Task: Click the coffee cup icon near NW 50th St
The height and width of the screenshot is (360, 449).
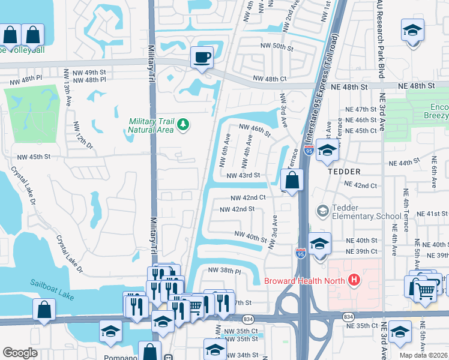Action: tap(202, 58)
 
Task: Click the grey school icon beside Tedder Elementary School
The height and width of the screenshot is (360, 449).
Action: tap(323, 211)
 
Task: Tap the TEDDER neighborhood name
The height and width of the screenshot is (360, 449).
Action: tap(344, 171)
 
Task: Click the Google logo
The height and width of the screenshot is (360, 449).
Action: tap(20, 352)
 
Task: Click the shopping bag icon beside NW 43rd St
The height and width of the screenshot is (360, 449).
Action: tap(292, 180)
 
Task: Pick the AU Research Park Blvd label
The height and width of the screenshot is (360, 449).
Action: tap(379, 39)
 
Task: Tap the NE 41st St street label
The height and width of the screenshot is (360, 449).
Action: tap(430, 214)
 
